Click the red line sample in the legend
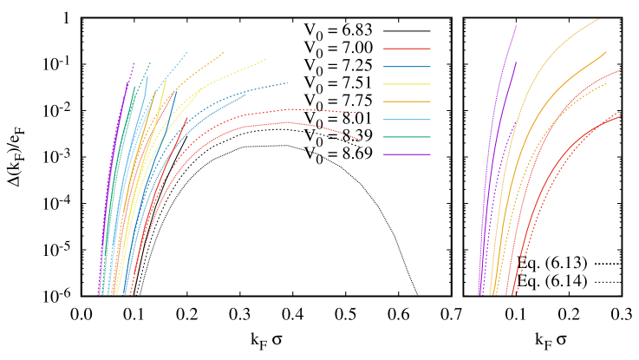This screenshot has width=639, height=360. click(x=407, y=49)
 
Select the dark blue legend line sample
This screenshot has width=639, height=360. click(x=407, y=67)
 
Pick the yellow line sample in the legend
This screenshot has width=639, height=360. click(x=407, y=84)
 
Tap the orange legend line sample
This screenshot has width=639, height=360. click(x=407, y=101)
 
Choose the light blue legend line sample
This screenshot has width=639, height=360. click(x=407, y=120)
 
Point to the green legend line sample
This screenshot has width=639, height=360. click(x=407, y=137)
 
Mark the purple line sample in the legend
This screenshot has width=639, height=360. click(x=407, y=154)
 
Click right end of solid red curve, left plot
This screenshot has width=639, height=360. click(x=361, y=140)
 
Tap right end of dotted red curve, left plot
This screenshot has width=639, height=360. click(x=360, y=113)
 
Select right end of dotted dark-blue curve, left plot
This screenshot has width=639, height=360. click(x=287, y=83)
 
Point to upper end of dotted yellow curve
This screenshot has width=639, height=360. click(x=266, y=59)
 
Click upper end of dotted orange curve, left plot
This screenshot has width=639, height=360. click(x=223, y=53)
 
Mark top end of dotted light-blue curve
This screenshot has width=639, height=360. click(x=186, y=53)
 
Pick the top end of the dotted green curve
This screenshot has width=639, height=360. click(x=150, y=62)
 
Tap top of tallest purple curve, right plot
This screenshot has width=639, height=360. click(x=517, y=25)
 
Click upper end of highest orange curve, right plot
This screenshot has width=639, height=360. click(x=599, y=18)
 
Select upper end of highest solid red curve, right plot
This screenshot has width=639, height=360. click(x=621, y=69)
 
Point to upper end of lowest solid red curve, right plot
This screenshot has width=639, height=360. click(x=621, y=116)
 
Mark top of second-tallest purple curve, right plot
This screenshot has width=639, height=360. click(x=517, y=62)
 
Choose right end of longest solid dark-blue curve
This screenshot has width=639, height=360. click(x=246, y=94)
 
